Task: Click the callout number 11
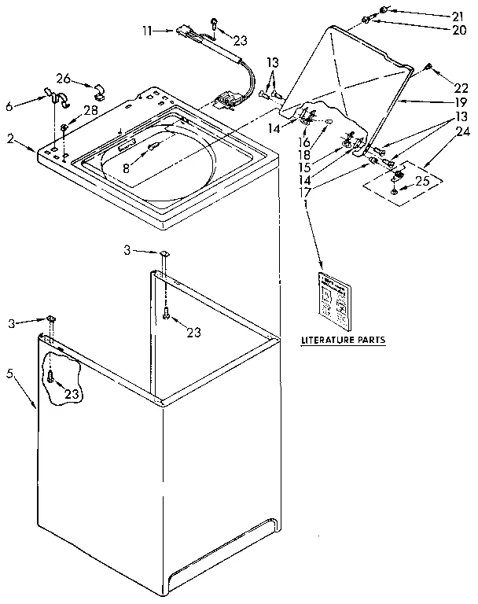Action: click(x=147, y=31)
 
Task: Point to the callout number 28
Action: click(x=91, y=110)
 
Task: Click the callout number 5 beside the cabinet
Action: click(x=10, y=374)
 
